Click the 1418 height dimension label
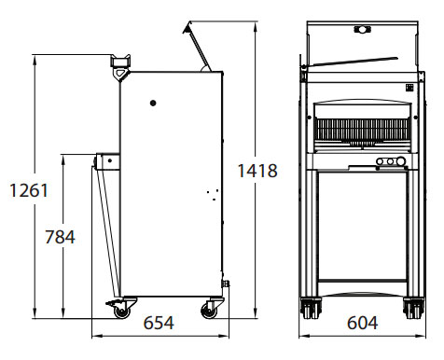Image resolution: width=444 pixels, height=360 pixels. pos(257,171)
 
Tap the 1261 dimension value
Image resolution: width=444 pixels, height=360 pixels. pos(29,190)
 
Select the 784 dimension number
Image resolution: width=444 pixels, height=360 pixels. pos(60,237)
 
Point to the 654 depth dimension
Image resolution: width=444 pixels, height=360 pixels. pos(159,323)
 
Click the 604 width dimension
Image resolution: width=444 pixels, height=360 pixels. pos(363,323)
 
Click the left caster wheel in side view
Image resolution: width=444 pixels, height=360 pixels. pos(121,312)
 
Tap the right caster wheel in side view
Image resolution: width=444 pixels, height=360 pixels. pos(209,311)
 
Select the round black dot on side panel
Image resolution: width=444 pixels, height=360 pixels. pos(153,103)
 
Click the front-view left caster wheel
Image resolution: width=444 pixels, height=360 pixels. pos(311,308)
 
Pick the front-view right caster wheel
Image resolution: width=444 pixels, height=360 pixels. pos(413,308)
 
